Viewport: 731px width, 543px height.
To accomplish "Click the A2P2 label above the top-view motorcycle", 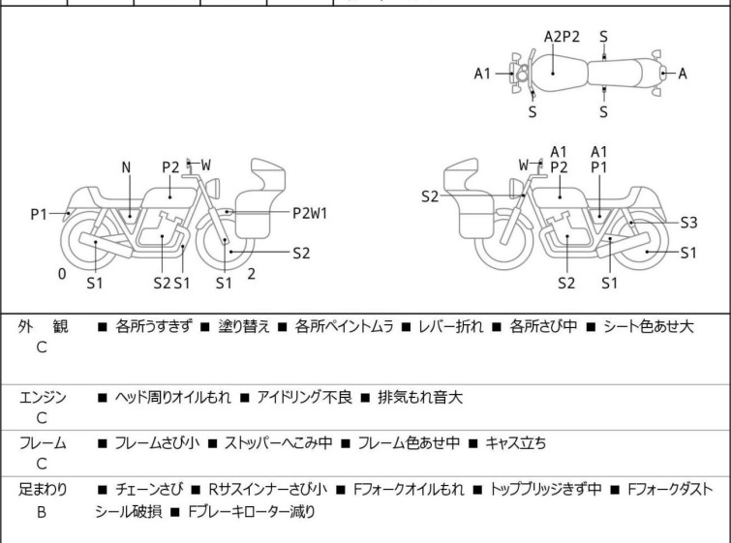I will click(562, 37).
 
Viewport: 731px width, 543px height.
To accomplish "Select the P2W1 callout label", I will click(310, 213).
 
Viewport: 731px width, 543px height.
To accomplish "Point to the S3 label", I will click(687, 222).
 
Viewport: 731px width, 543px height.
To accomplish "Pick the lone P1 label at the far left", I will click(39, 214).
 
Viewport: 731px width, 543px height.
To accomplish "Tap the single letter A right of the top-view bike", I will click(683, 74).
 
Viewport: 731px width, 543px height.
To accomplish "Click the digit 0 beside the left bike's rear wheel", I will click(62, 274).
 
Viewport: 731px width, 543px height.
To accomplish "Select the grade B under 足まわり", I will click(42, 511).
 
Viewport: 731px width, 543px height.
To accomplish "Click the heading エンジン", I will click(44, 397).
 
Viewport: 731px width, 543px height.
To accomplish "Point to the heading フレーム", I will click(44, 443).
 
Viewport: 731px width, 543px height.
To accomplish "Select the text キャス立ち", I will click(514, 443).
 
